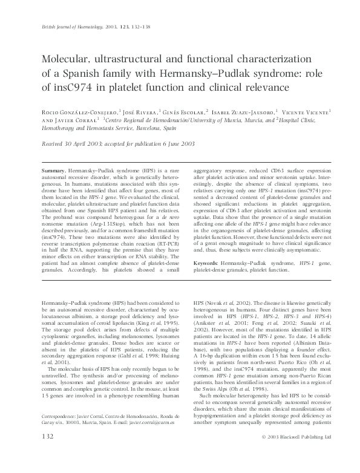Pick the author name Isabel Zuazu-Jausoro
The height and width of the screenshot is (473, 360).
244,112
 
